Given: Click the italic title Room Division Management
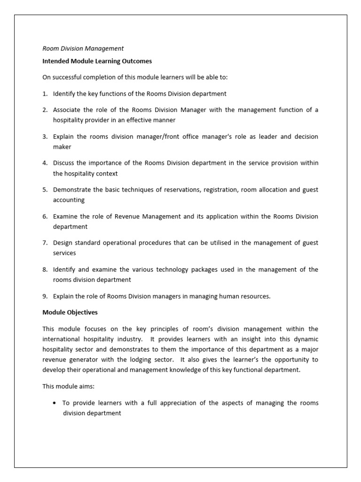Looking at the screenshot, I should [x=83, y=48].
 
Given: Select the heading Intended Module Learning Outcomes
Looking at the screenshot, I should [x=97, y=61].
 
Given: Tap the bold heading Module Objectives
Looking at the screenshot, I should [x=70, y=312].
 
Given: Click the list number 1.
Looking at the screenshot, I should [x=45, y=93].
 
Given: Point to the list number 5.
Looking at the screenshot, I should [x=45, y=190].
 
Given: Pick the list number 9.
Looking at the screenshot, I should [x=45, y=296].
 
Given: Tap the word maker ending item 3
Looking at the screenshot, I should [x=62, y=147].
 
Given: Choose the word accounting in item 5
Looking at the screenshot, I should [x=69, y=200].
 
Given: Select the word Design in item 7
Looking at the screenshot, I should [x=63, y=243].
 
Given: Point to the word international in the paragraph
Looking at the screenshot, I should [x=65, y=339].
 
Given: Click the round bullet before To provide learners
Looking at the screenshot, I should [x=55, y=403].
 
